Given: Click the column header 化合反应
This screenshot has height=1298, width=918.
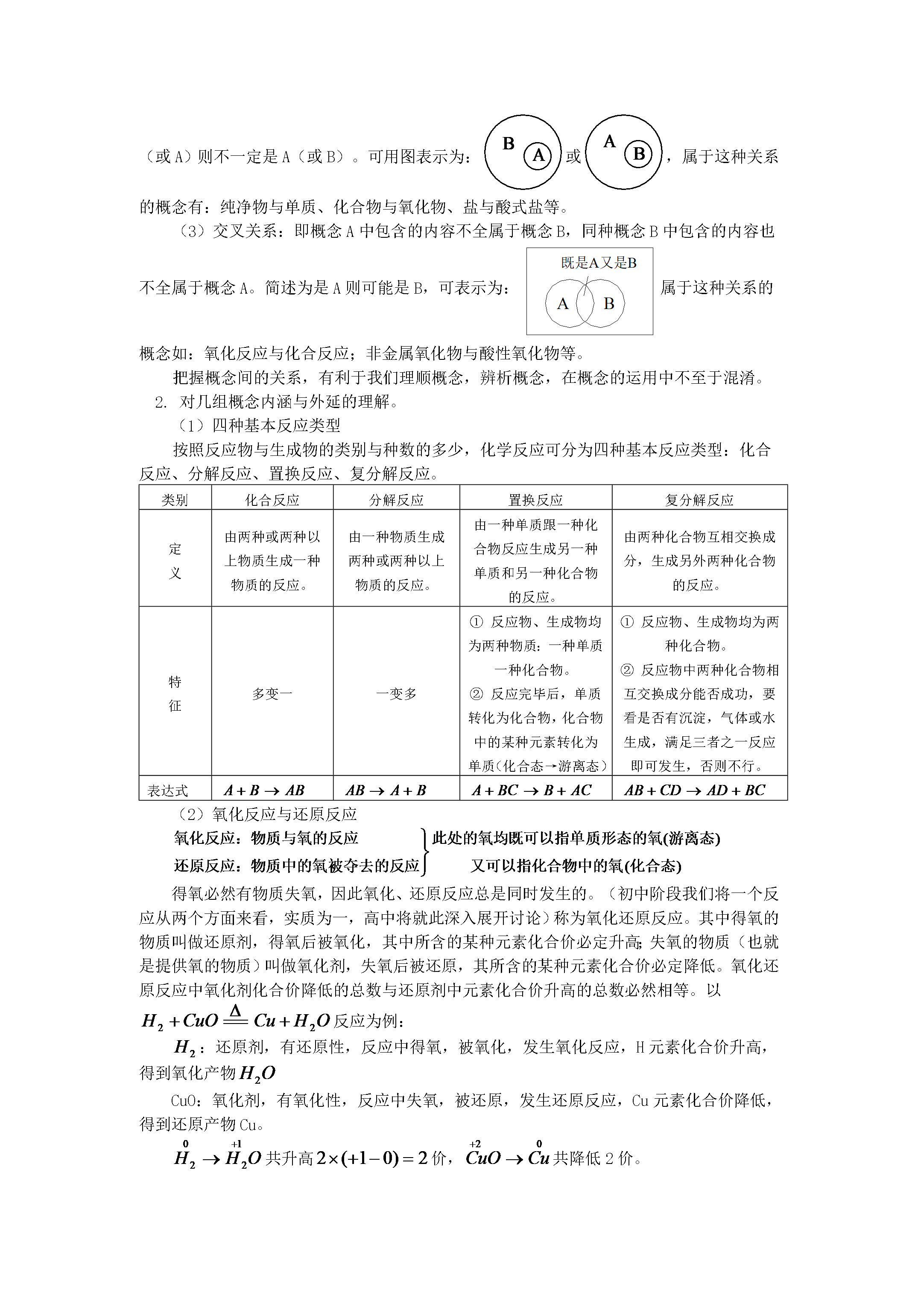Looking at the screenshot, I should tap(272, 500).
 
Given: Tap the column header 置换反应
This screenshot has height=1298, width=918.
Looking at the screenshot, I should tap(535, 500).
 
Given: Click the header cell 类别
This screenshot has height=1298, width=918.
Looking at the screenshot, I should tap(175, 500).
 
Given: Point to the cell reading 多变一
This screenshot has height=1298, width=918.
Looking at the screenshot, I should tap(272, 694).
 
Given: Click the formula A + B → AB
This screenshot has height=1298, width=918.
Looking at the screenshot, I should tap(264, 790).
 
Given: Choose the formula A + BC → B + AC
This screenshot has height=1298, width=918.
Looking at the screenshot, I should tap(532, 790).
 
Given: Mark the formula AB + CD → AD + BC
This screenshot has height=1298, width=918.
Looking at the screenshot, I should tap(695, 790).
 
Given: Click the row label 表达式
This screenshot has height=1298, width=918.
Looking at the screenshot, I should tap(167, 791).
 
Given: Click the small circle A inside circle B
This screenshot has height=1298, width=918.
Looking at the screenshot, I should tap(538, 155).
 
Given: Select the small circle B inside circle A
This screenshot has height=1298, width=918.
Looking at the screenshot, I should tap(639, 153).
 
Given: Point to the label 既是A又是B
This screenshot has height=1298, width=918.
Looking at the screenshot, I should tap(599, 263).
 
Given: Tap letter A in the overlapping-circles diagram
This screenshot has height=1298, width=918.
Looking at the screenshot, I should tap(562, 304).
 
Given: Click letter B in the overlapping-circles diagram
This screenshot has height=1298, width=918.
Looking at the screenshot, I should tap(608, 304).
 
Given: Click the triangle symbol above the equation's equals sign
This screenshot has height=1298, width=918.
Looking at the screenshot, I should tap(236, 1010).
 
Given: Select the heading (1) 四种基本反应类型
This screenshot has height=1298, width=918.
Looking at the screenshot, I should tap(259, 425).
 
